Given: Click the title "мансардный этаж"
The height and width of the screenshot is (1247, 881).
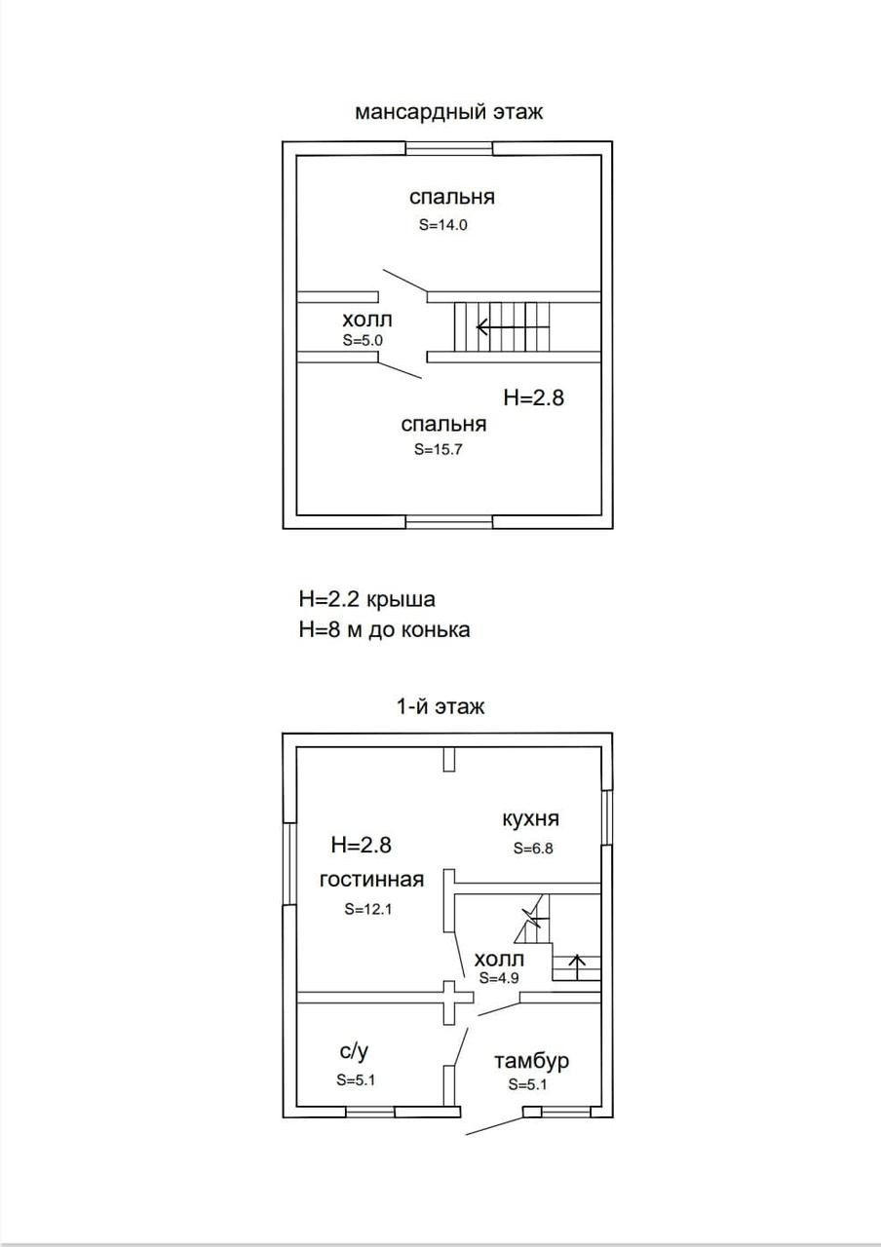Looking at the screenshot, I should tap(448, 112).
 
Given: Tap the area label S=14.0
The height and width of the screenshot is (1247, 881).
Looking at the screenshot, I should tap(444, 224).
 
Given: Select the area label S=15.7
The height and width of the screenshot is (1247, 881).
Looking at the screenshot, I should tap(438, 450).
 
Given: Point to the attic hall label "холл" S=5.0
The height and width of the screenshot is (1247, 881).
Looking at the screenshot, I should tap(368, 321).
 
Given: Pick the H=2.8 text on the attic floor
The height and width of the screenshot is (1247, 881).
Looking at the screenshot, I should tap(534, 397).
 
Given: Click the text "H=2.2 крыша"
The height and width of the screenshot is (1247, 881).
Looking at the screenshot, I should tap(366, 598).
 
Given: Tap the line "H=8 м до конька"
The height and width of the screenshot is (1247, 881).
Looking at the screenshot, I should tap(384, 629).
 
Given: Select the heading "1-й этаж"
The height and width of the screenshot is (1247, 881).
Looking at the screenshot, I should tap(440, 707).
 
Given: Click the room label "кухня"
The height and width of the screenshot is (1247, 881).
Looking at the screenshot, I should tap(530, 818).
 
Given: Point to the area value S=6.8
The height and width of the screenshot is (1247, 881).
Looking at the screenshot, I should tap(533, 848).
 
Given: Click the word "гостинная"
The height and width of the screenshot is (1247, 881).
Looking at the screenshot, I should tap(372, 880).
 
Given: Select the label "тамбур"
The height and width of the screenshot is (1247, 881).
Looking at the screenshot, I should tap(531, 1061).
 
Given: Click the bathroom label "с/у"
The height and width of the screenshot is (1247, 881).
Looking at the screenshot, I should tap(354, 1051).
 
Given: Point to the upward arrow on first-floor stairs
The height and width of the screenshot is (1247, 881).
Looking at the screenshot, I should tap(577, 965).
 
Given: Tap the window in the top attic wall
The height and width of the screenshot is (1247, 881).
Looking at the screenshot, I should tap(449, 148).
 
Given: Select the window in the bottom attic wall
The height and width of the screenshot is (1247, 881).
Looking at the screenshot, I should tap(449, 521).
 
